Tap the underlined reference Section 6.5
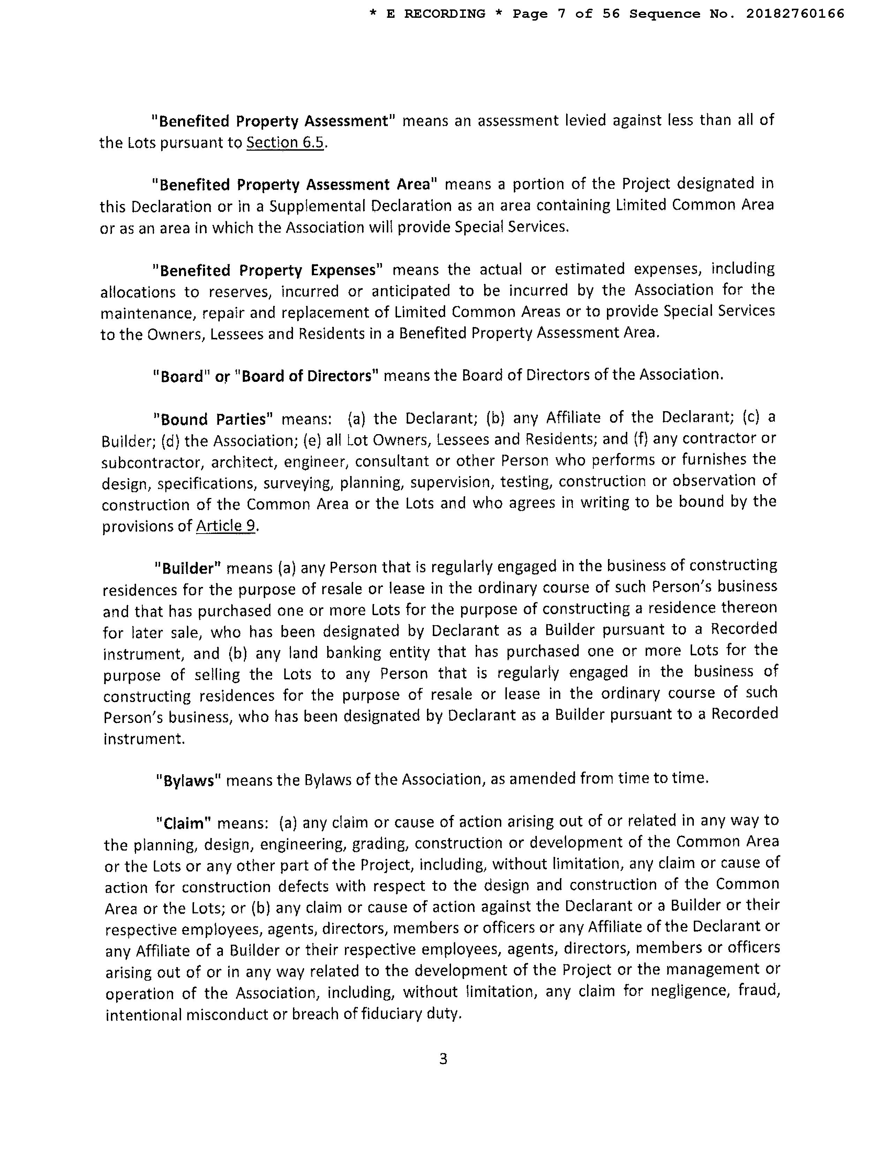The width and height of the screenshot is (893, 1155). pyautogui.click(x=285, y=143)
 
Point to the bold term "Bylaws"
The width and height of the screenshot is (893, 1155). pyautogui.click(x=188, y=780)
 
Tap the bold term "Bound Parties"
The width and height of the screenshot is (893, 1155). pyautogui.click(x=213, y=420)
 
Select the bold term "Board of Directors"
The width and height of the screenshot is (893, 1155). pyautogui.click(x=307, y=376)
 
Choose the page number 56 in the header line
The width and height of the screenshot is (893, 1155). pyautogui.click(x=611, y=14)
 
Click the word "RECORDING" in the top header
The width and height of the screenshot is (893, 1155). pyautogui.click(x=444, y=14)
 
